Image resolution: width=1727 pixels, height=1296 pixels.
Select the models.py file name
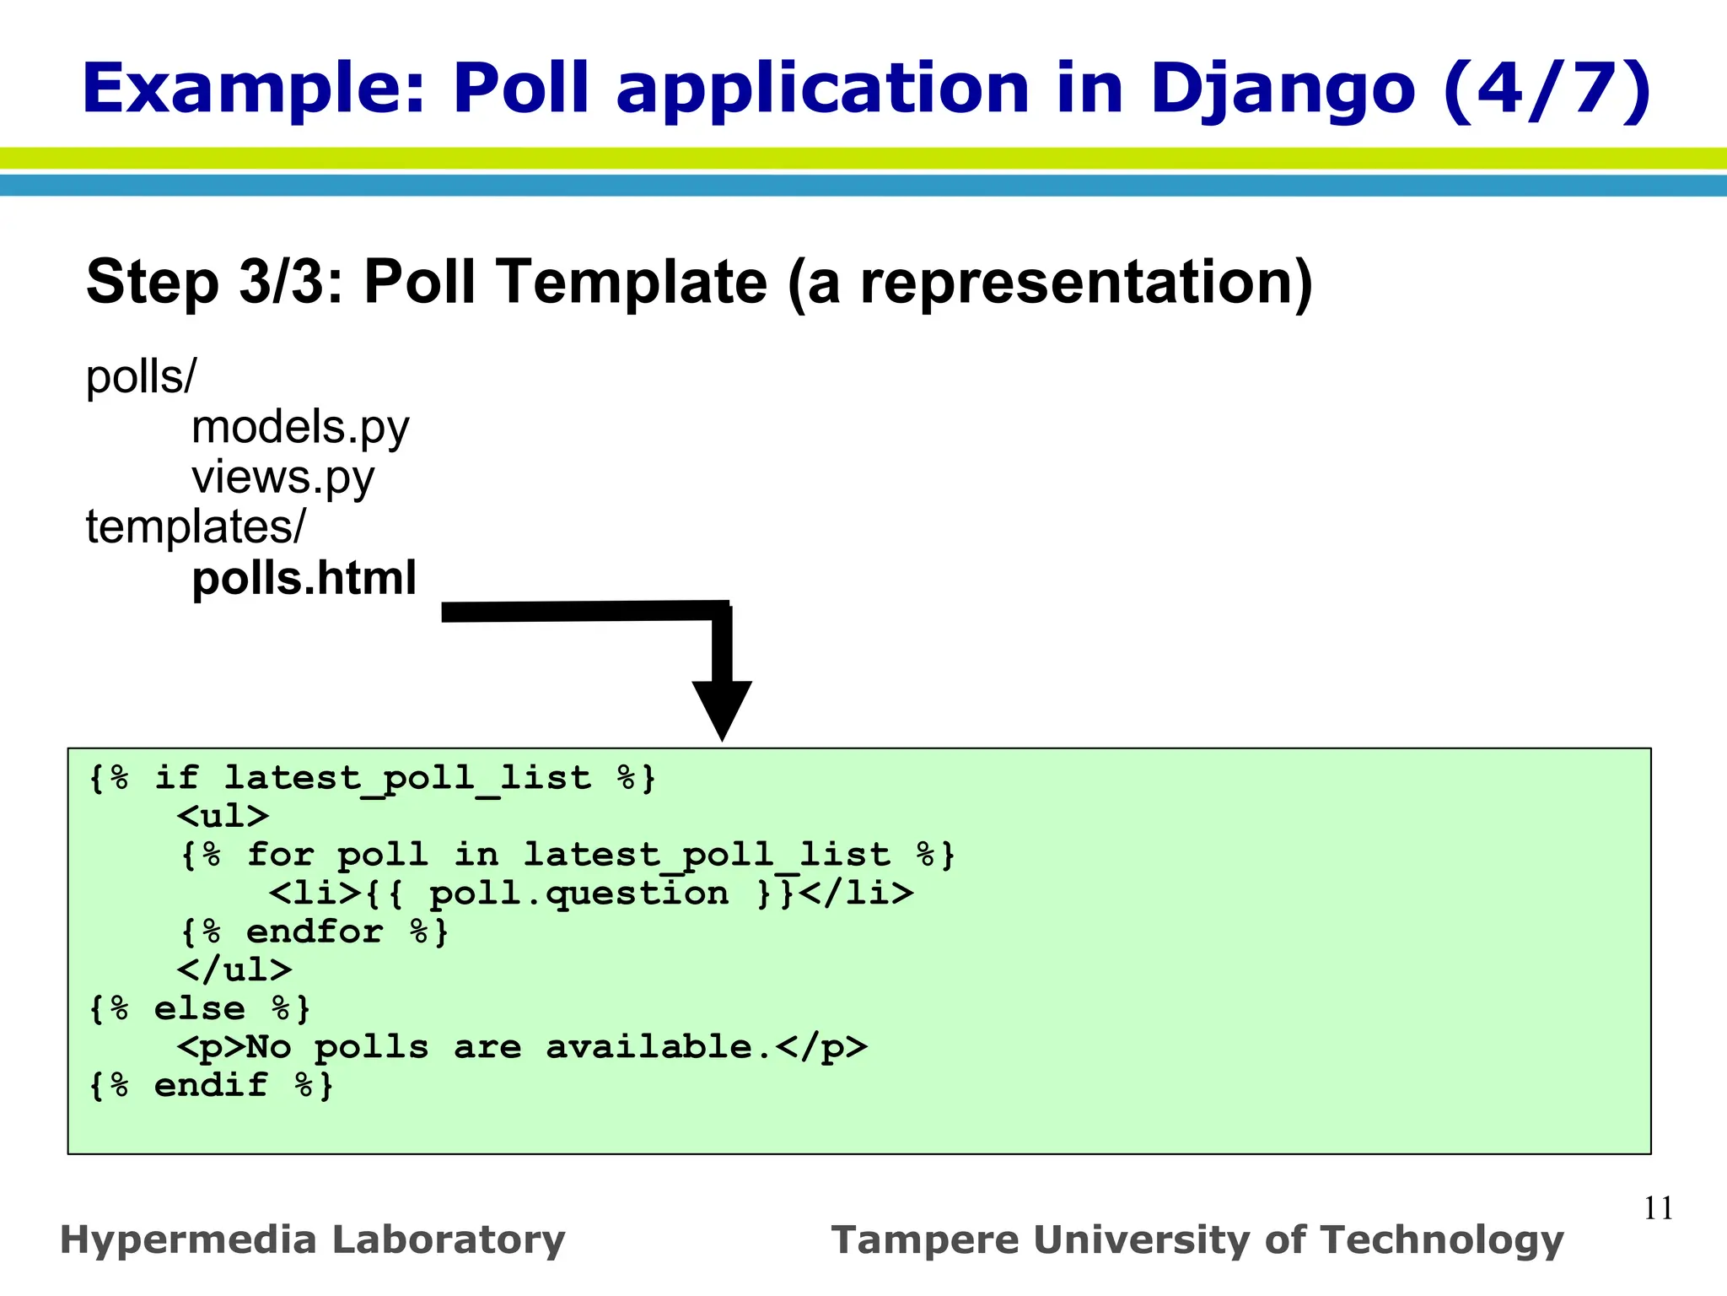pyautogui.click(x=300, y=427)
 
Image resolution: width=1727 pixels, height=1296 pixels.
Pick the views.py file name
pyautogui.click(x=282, y=478)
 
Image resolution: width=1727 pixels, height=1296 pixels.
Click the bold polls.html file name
pyautogui.click(x=304, y=579)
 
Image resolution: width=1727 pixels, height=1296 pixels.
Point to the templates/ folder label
pyautogui.click(x=196, y=527)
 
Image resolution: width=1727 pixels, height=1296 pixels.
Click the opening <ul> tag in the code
pyautogui.click(x=223, y=816)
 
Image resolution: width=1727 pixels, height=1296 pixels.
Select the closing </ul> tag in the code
pyautogui.click(x=234, y=969)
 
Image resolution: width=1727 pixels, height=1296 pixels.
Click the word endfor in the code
pyautogui.click(x=315, y=931)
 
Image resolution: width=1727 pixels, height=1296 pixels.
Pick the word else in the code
pyautogui.click(x=200, y=1008)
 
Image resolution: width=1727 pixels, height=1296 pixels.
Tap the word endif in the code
pyautogui.click(x=211, y=1085)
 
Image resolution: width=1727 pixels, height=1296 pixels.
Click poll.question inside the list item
pyautogui.click(x=579, y=894)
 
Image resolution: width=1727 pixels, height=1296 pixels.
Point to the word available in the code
pyautogui.click(x=648, y=1047)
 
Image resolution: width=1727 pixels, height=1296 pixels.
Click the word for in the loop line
pyautogui.click(x=280, y=855)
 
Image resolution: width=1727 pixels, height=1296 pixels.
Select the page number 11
pyautogui.click(x=1658, y=1208)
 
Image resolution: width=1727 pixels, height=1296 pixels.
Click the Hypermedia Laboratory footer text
pyautogui.click(x=313, y=1240)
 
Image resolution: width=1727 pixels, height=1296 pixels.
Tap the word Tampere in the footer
pyautogui.click(x=924, y=1240)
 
